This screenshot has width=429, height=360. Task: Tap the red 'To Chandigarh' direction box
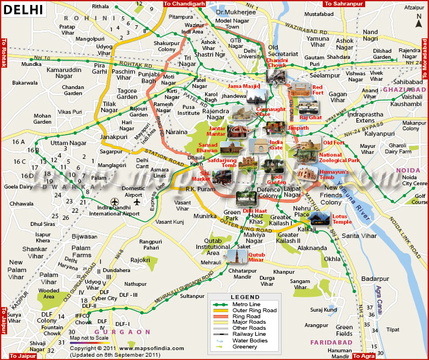[184, 4]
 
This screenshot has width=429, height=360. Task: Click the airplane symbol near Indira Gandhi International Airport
[114, 202]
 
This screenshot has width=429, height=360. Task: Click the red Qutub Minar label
[257, 258]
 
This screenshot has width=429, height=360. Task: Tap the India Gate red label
[276, 145]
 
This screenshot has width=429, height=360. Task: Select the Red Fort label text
[318, 90]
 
